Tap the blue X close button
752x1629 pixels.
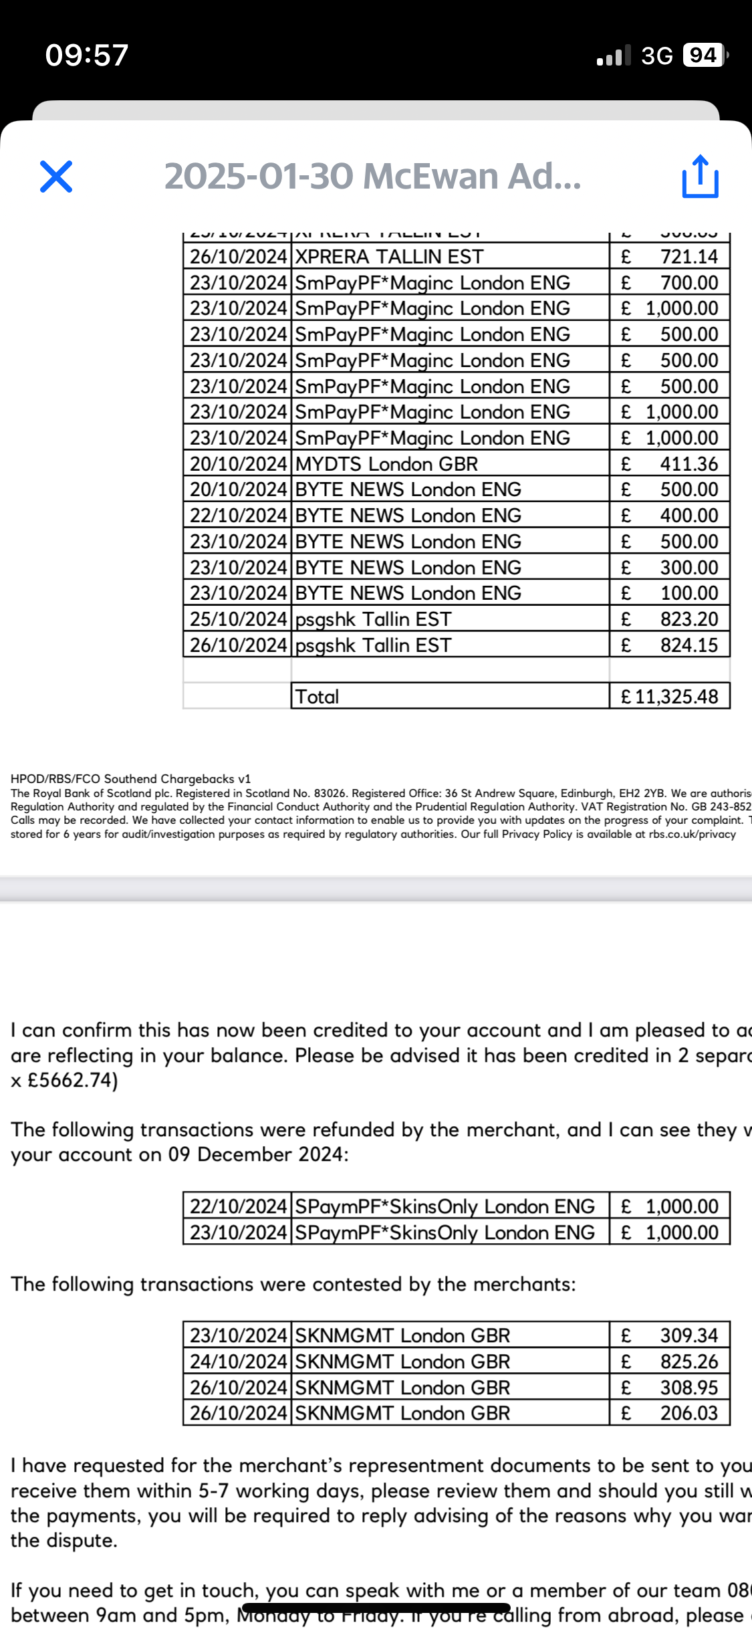[x=56, y=177]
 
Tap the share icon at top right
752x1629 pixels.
[x=700, y=177]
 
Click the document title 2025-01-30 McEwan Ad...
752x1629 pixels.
[x=372, y=177]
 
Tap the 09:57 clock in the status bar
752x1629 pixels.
[x=86, y=55]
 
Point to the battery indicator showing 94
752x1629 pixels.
[x=704, y=55]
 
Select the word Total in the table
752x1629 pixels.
[x=317, y=696]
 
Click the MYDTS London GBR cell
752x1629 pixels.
[x=386, y=463]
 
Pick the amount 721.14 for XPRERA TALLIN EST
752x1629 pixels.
[x=688, y=257]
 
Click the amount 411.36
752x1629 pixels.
[x=688, y=463]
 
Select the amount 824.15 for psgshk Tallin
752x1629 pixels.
[x=688, y=645]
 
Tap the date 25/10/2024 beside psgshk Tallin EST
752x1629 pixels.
[x=238, y=619]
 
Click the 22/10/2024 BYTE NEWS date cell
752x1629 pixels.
[x=238, y=516]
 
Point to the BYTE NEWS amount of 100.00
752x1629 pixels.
[x=688, y=593]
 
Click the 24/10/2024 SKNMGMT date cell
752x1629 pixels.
[x=238, y=1362]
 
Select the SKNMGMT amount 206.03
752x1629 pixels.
[x=688, y=1413]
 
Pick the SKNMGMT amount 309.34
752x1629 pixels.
[x=688, y=1335]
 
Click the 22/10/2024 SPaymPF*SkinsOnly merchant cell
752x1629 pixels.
[x=445, y=1206]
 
